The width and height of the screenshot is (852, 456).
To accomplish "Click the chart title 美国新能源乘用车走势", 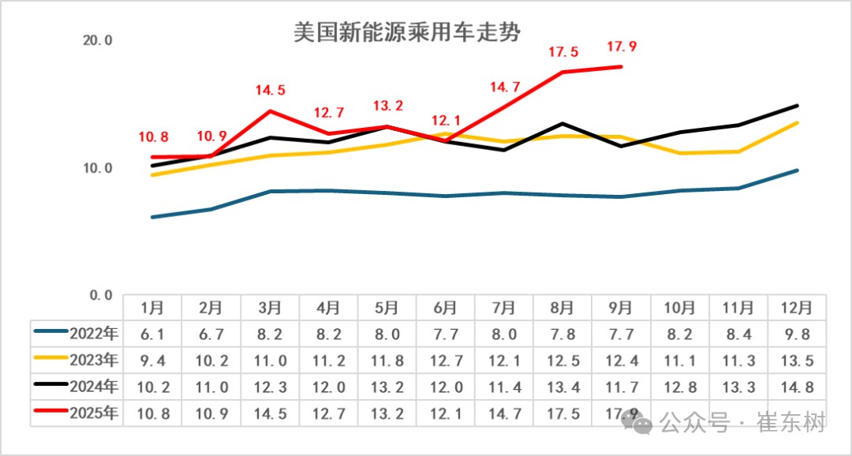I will tap(408, 32).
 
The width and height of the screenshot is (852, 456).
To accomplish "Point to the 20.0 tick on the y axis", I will tap(99, 40).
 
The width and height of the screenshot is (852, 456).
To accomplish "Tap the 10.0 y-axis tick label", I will tap(99, 168).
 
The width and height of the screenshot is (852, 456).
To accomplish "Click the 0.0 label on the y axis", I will tap(101, 295).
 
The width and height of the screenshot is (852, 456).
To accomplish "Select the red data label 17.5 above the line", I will tap(563, 53).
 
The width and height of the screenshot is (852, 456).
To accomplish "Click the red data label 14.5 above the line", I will tap(270, 91).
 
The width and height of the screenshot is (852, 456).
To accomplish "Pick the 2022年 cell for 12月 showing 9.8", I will tap(797, 334).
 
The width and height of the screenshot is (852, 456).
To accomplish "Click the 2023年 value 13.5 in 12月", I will tap(797, 361).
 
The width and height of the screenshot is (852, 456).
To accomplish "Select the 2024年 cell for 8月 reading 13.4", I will tap(562, 387).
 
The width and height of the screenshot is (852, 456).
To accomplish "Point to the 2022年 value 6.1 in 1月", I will tap(152, 334).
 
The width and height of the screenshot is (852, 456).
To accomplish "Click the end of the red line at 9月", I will tap(622, 67).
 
